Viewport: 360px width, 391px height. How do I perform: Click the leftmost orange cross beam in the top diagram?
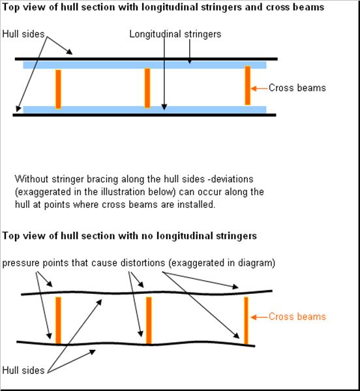(58, 89)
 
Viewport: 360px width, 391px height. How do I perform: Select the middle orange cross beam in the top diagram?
(147, 88)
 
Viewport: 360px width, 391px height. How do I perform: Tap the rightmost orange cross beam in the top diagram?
(247, 85)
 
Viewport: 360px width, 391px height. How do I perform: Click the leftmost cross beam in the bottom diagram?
(58, 321)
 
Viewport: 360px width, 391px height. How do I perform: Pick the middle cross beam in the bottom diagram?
(149, 321)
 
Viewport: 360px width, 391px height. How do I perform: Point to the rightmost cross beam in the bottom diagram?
(246, 321)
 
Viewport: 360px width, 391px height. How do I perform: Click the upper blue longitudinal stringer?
(145, 65)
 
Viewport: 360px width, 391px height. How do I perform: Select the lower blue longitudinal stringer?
(145, 109)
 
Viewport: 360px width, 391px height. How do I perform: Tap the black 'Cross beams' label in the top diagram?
(297, 88)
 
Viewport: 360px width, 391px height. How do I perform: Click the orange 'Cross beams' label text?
(297, 317)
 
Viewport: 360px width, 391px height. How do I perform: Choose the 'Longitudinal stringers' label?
(175, 34)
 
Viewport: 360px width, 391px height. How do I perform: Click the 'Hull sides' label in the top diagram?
(23, 34)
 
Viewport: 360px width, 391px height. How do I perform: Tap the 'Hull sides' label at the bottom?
(23, 370)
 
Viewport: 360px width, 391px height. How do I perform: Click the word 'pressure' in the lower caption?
(21, 263)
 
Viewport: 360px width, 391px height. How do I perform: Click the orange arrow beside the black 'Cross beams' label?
(260, 88)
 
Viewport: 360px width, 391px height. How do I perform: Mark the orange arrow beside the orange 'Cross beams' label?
(260, 317)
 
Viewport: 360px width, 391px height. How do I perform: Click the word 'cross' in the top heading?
(278, 7)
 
